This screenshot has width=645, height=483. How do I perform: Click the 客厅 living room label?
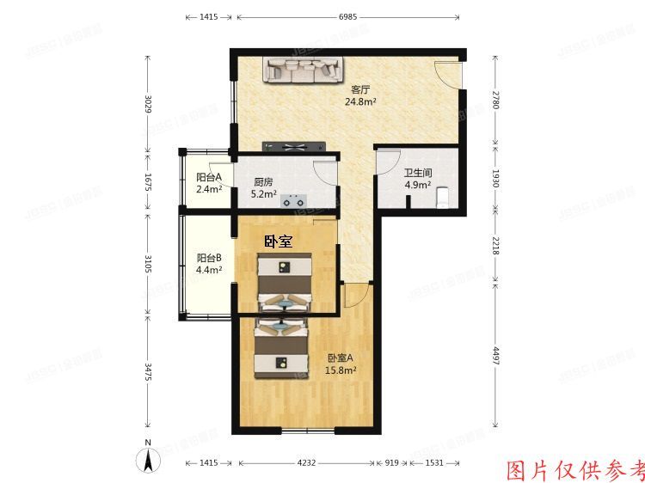coord(360,89)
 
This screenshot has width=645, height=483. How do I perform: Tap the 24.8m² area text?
coord(360,101)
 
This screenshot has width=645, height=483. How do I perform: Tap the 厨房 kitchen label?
coord(263,182)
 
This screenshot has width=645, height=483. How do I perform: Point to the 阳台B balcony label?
coord(209,257)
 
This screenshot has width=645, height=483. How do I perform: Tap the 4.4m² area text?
coord(209,270)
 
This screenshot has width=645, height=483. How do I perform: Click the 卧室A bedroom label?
coord(340,358)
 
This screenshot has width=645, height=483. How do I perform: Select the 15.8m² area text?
coord(340,371)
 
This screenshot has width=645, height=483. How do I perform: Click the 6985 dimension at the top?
coord(348,17)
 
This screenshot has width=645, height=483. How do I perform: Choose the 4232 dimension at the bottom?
coord(305,464)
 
